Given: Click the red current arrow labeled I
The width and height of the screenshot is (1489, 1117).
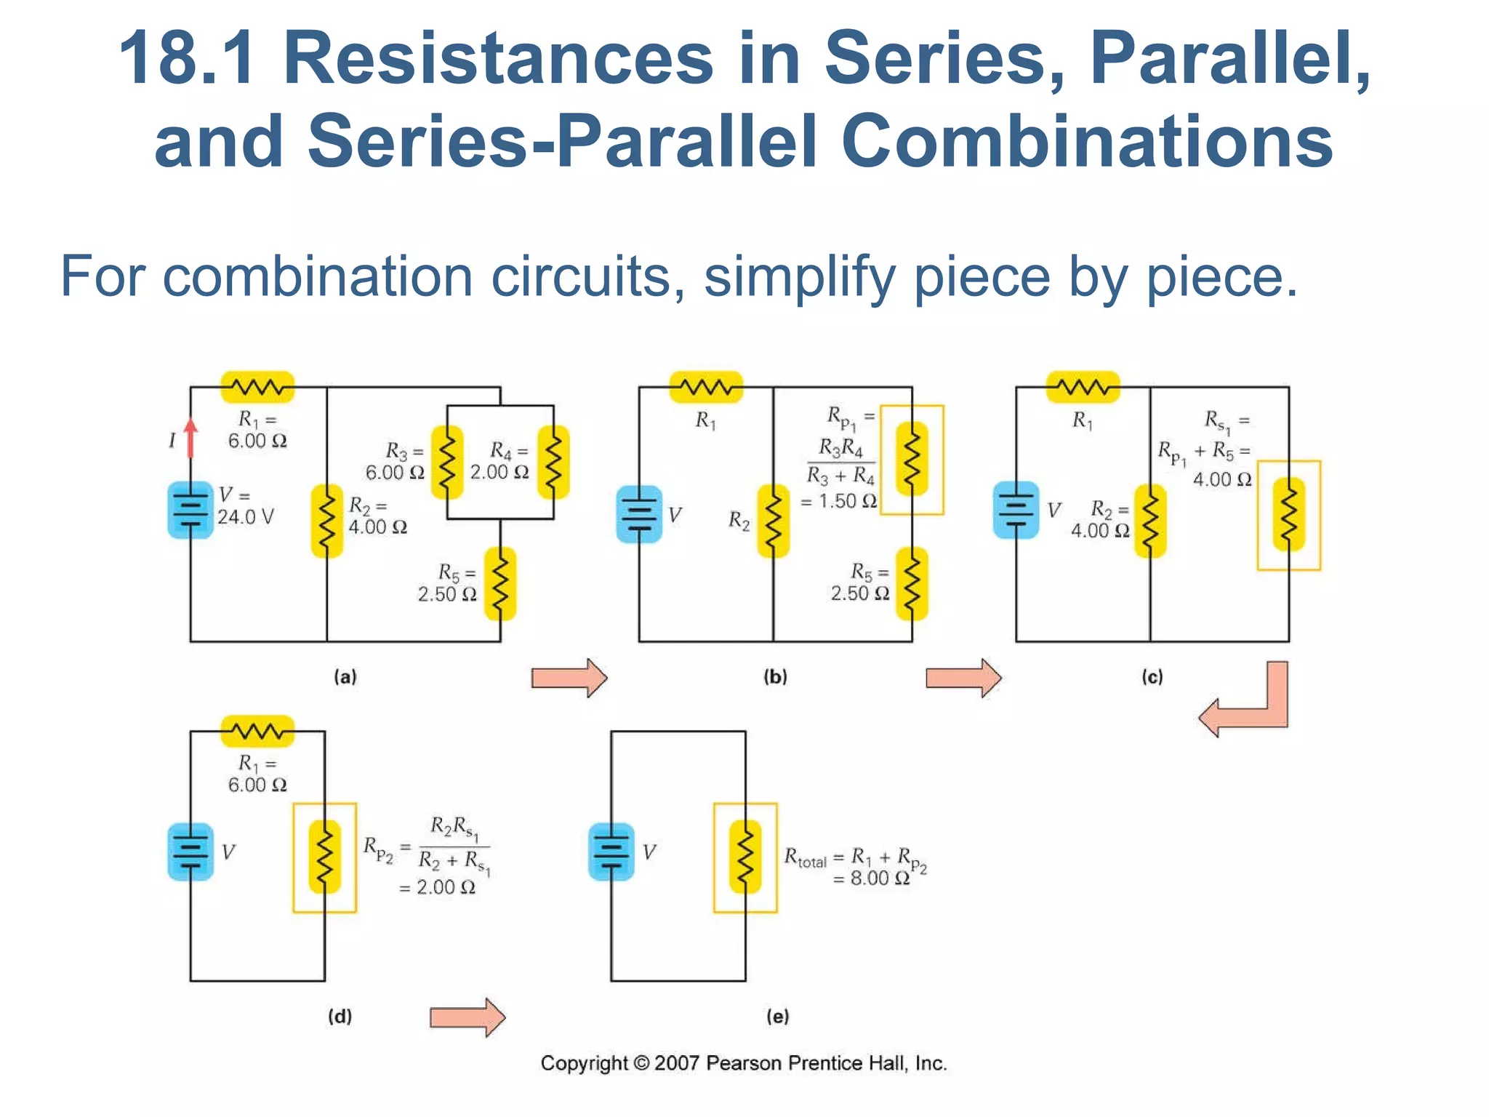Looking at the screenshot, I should [x=190, y=439].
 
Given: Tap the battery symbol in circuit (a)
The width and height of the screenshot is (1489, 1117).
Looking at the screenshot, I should [x=190, y=511].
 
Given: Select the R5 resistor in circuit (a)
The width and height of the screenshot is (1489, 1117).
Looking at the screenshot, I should [x=500, y=583].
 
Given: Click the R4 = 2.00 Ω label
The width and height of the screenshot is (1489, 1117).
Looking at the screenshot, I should [x=499, y=461].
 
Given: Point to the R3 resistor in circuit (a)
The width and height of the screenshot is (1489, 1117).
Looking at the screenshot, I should [x=447, y=463].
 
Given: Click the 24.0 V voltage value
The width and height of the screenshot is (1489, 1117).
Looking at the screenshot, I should [x=246, y=517].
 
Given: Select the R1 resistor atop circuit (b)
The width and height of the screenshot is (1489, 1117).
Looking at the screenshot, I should [x=706, y=387].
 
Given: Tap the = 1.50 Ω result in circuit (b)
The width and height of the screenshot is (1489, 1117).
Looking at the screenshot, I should [x=839, y=502].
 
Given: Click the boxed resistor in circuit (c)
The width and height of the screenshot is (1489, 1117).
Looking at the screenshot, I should [x=1288, y=515].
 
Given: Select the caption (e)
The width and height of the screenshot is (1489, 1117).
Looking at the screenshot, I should [x=777, y=1016].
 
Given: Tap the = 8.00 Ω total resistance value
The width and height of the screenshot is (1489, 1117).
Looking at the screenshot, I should [x=871, y=878].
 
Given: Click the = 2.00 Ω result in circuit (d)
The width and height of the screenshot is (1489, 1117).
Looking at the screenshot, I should [x=438, y=887].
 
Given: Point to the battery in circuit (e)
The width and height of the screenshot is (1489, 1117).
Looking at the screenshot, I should [x=611, y=851].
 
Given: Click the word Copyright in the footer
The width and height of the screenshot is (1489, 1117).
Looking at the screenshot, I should [x=583, y=1063].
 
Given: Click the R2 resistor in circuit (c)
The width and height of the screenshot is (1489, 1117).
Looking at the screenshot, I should [x=1150, y=521].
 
